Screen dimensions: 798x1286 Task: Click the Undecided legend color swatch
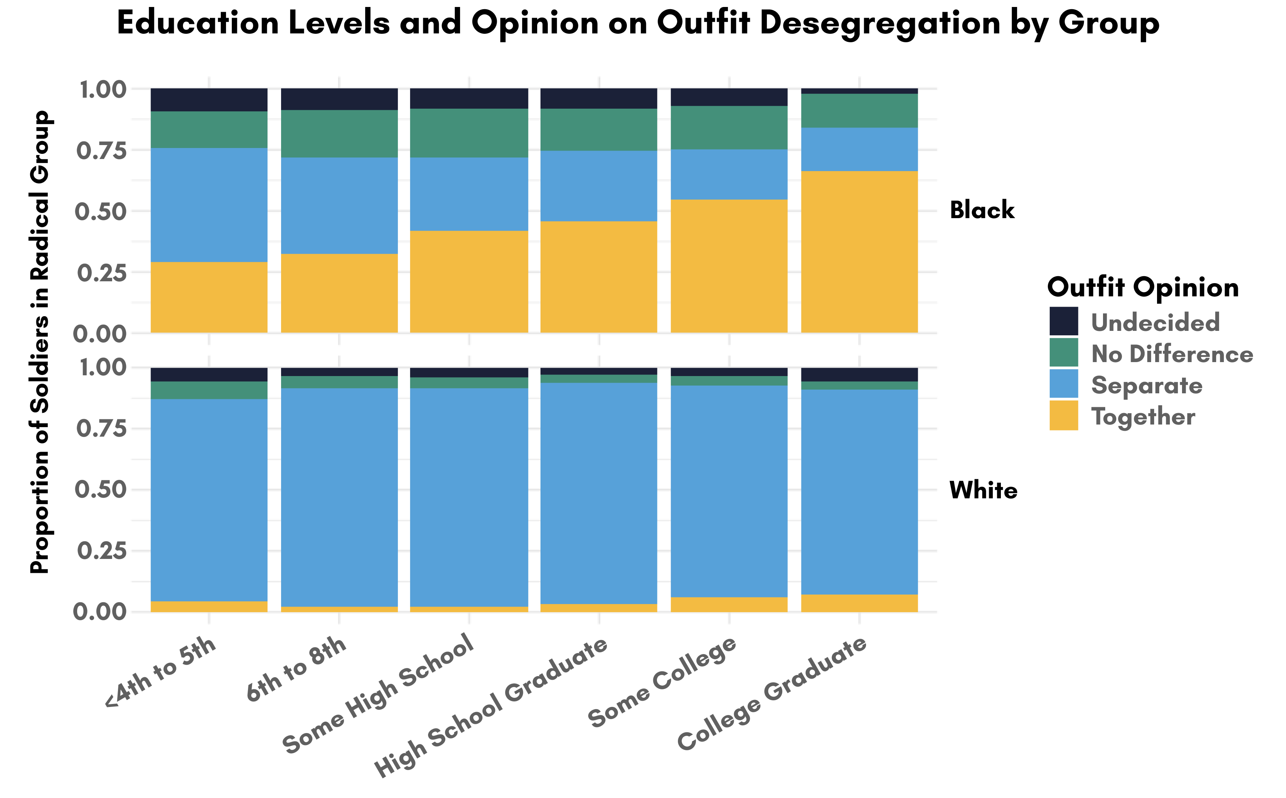(1063, 321)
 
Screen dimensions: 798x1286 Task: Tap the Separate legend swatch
(1063, 384)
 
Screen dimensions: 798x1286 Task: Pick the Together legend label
(1143, 416)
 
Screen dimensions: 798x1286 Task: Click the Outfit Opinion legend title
(1143, 287)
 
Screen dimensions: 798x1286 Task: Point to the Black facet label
(982, 210)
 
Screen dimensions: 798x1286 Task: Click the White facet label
(983, 490)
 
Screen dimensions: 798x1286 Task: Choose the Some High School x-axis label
(378, 693)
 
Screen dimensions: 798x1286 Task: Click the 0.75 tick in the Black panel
(102, 151)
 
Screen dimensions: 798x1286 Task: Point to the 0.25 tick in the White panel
(102, 551)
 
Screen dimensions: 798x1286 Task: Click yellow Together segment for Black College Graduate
(859, 252)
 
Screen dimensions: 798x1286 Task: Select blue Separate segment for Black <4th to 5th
(209, 205)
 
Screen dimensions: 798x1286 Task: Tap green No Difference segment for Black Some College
(729, 128)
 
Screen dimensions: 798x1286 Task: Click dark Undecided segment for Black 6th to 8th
(339, 99)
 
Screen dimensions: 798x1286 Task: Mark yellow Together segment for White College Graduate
(859, 603)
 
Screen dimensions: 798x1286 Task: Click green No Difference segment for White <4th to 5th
(209, 390)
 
